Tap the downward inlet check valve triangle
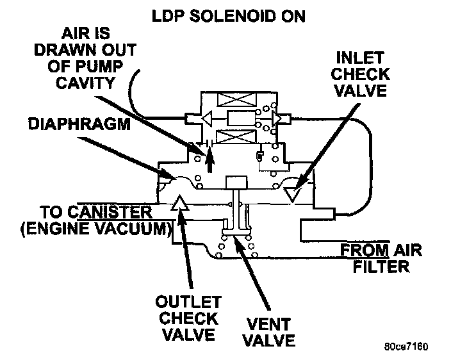(295, 190)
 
